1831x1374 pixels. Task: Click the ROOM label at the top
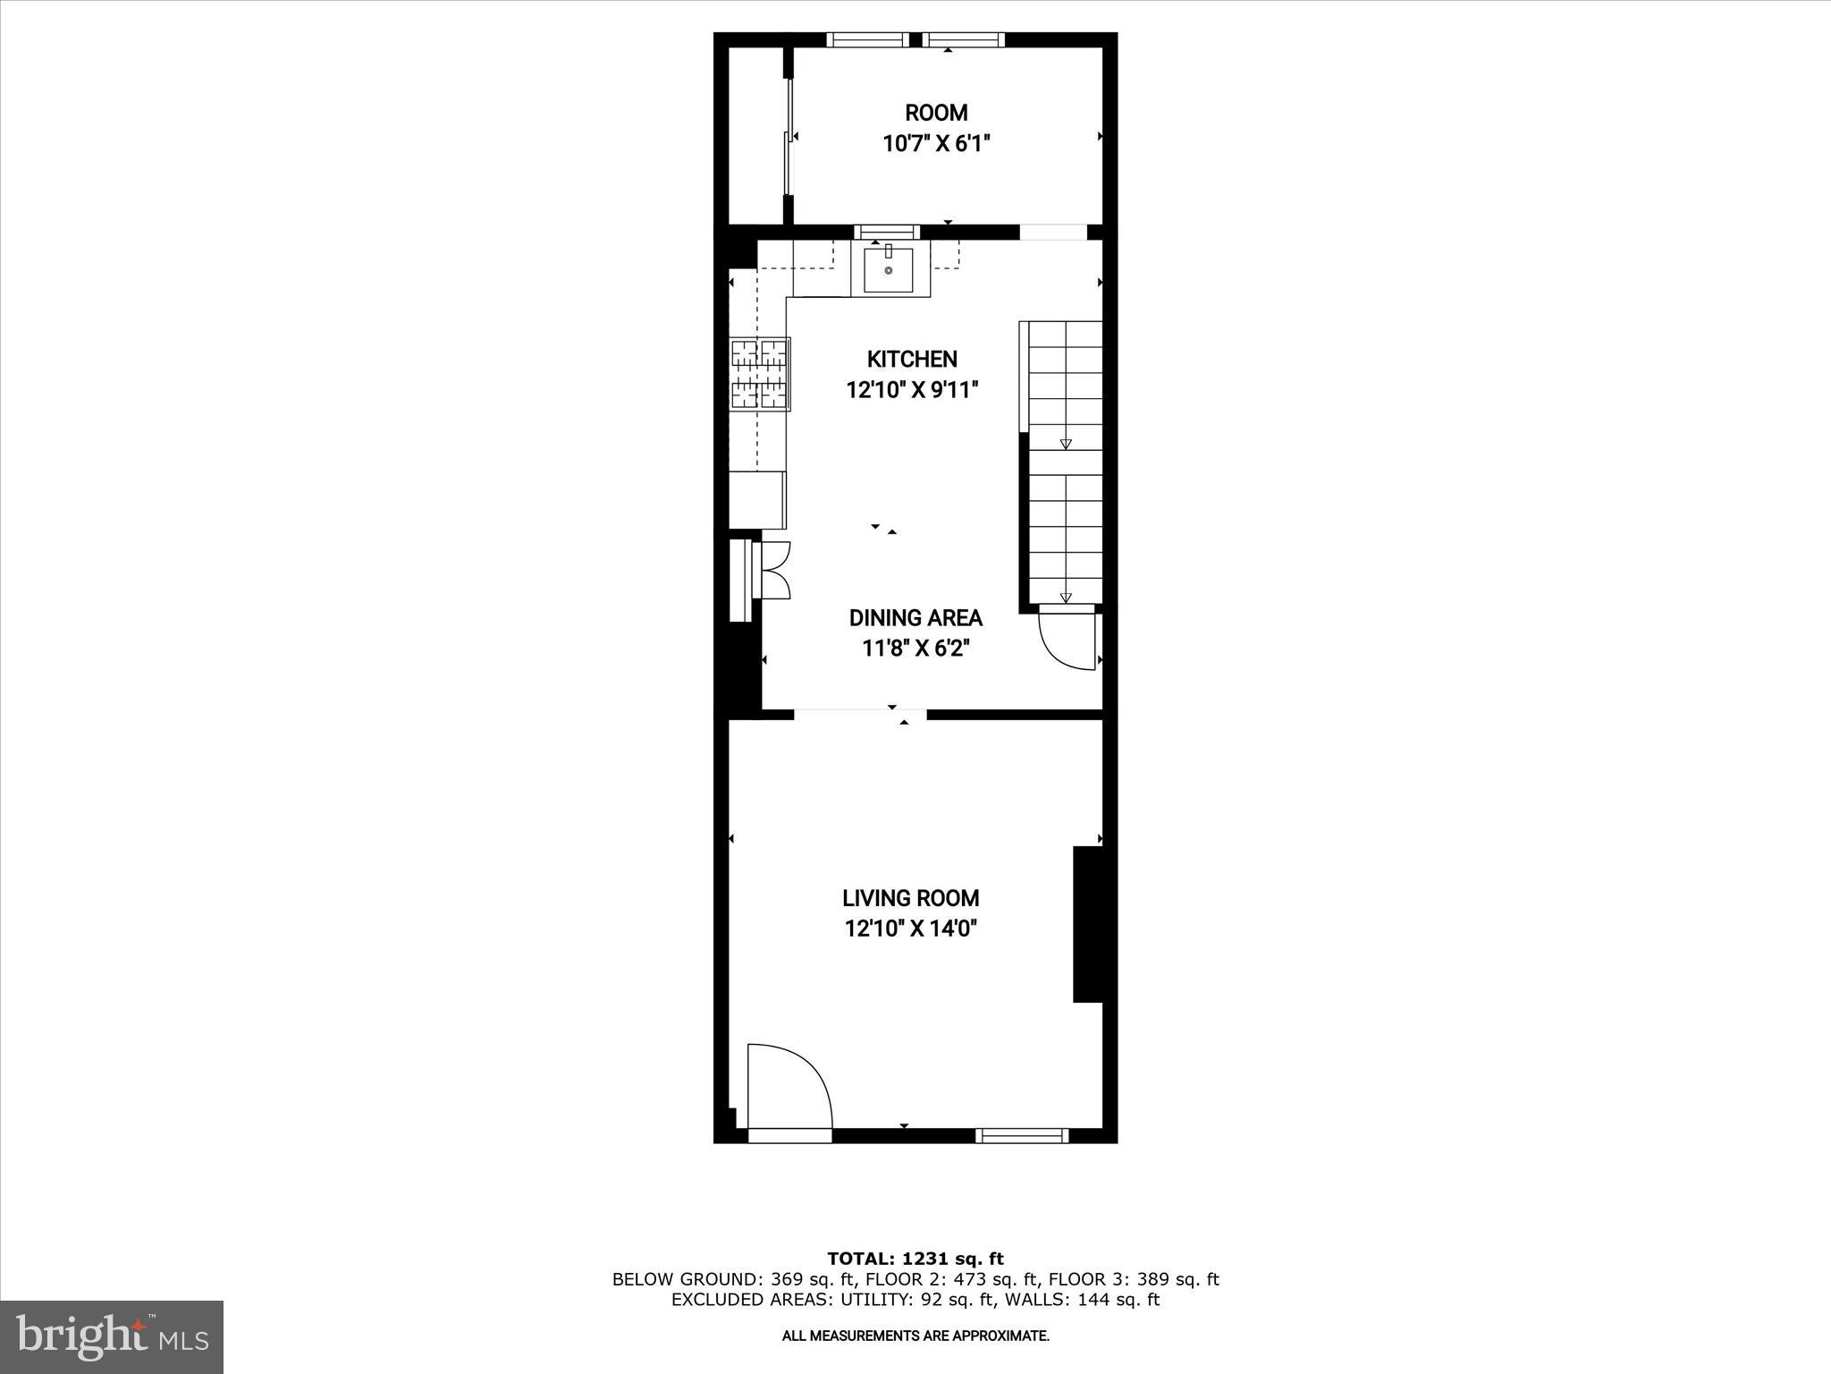point(936,113)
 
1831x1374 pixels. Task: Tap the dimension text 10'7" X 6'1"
point(936,144)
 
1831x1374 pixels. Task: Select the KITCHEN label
point(912,359)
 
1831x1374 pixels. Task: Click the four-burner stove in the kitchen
point(760,374)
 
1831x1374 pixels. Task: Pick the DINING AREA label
point(915,617)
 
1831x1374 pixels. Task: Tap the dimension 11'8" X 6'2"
point(915,649)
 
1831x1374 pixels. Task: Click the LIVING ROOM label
point(911,897)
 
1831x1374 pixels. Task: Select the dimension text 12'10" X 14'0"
point(911,929)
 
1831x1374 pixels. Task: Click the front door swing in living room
point(787,1090)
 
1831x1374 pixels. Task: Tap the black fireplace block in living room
point(1088,924)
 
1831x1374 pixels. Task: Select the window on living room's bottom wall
point(1021,1136)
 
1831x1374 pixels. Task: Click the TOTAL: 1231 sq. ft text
point(915,1259)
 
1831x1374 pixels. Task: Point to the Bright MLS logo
point(112,1336)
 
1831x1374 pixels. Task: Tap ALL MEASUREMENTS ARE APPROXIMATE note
point(915,1336)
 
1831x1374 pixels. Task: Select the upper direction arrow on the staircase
point(1066,444)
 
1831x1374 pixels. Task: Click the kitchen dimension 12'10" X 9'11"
point(912,390)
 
